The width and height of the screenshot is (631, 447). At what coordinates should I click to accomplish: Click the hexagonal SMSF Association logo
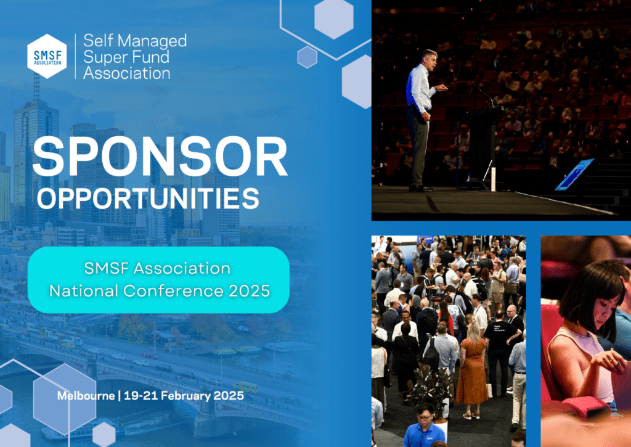pos(47,56)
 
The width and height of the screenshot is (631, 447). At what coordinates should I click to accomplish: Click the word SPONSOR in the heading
pos(160,157)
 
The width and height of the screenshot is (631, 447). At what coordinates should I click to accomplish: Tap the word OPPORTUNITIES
pos(148,198)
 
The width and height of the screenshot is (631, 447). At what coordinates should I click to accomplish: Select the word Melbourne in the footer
pos(86,396)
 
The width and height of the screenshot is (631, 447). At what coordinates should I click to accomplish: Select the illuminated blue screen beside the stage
pos(575,174)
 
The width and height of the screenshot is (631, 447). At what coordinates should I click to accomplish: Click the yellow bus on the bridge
pos(245,387)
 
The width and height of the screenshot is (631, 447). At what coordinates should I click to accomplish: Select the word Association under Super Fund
pos(127,73)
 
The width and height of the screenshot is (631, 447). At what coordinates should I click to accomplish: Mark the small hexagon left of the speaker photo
pos(307,57)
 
